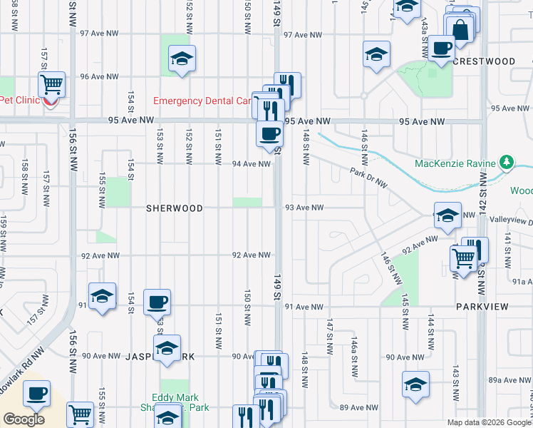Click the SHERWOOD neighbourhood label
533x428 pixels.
[175, 208]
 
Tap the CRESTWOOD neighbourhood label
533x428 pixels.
[483, 62]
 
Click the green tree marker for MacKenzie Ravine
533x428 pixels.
[507, 163]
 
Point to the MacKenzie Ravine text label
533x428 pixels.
[455, 164]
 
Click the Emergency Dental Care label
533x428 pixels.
[202, 101]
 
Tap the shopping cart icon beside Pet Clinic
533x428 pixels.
[52, 84]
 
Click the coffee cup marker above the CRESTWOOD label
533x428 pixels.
[441, 49]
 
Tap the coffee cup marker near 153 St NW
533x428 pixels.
[157, 302]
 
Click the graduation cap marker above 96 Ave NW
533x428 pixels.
[182, 58]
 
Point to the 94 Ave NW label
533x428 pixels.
[251, 164]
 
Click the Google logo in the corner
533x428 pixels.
[24, 419]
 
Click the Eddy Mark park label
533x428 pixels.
[175, 398]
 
